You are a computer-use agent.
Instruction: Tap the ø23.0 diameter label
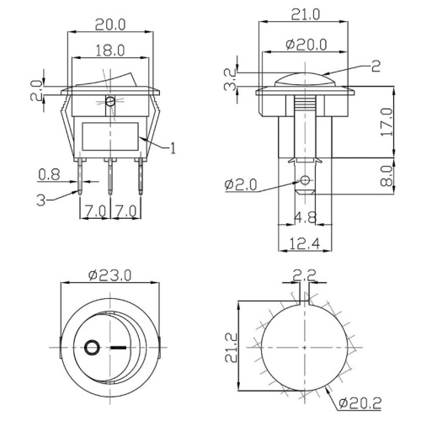click(x=109, y=274)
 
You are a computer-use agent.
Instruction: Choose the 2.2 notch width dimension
click(x=305, y=274)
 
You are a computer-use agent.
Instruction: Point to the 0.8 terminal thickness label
click(x=49, y=176)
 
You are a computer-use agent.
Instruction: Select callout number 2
click(x=376, y=63)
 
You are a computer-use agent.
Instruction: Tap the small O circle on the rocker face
click(x=91, y=345)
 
